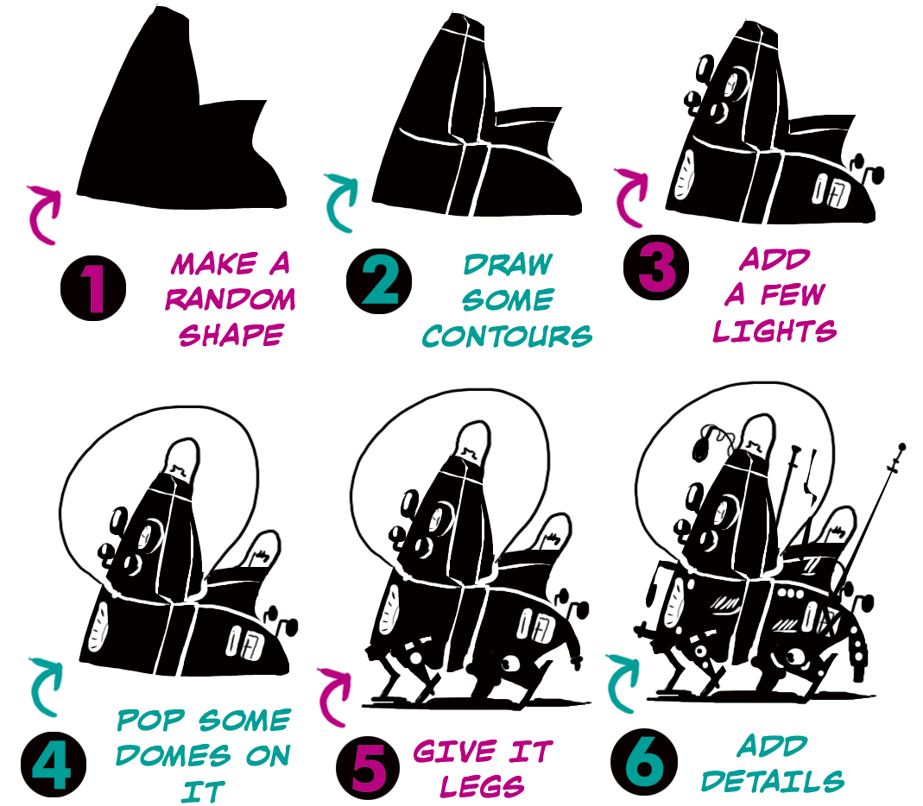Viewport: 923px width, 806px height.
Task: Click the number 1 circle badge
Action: pyautogui.click(x=93, y=287)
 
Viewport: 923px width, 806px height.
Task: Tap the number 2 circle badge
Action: pyautogui.click(x=378, y=281)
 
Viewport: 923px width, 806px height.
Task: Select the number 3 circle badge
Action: pyautogui.click(x=655, y=268)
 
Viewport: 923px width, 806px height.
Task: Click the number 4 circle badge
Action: pyautogui.click(x=54, y=765)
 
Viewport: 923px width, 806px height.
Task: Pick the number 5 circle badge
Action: pyautogui.click(x=368, y=768)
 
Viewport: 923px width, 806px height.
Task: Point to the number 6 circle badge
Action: pyautogui.click(x=643, y=762)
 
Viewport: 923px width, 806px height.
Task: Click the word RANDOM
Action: pyautogui.click(x=231, y=299)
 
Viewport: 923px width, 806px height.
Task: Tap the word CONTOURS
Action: pyautogui.click(x=507, y=336)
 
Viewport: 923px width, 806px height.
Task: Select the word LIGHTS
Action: pyautogui.click(x=774, y=331)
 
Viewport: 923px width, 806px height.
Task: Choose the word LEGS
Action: pyautogui.click(x=482, y=786)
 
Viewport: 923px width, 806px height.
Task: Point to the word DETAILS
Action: pyautogui.click(x=773, y=781)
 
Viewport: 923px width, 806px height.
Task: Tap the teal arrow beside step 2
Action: pyautogui.click(x=340, y=201)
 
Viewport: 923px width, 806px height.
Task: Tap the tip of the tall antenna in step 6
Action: pyautogui.click(x=901, y=447)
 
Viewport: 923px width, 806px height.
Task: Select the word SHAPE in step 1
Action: pyautogui.click(x=231, y=336)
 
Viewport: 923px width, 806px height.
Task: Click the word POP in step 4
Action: pyautogui.click(x=151, y=720)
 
